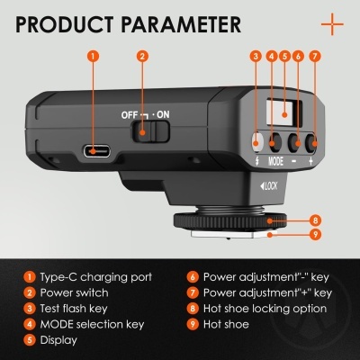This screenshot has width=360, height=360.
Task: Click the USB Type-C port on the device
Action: point(97,151)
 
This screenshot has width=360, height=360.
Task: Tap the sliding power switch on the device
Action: point(151,131)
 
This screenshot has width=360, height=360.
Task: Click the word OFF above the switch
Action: point(130,115)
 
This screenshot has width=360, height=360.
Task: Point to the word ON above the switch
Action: point(163,114)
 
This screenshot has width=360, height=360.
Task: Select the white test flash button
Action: point(256,141)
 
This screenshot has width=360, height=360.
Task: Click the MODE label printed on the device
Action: point(275,161)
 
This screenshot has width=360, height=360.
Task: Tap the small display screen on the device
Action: point(283,112)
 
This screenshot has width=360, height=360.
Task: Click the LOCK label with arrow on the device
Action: point(269,186)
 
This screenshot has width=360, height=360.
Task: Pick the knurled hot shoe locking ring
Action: point(229,221)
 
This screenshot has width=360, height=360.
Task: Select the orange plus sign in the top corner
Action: point(332,24)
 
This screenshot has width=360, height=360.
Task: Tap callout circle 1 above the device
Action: point(94,56)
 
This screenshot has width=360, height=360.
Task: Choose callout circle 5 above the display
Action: point(284,56)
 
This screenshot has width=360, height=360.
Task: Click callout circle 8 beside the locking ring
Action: point(315,220)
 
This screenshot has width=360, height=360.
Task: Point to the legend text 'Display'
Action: point(58,340)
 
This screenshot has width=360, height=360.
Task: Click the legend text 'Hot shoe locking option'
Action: point(265,309)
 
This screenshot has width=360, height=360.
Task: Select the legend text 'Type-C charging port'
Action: point(96,277)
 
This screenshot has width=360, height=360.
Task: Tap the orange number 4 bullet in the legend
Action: point(30,324)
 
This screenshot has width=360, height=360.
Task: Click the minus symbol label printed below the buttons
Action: point(294,161)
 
